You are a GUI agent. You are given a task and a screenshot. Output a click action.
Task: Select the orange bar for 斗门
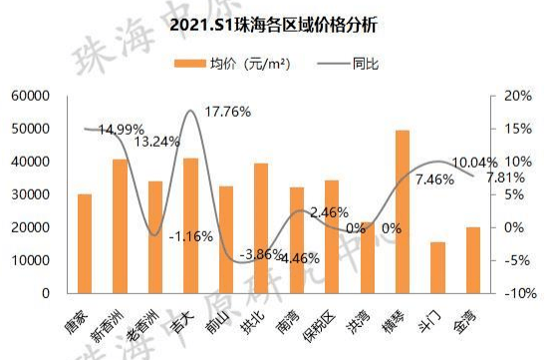[437, 267]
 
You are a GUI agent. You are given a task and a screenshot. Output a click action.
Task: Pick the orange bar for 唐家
[85, 243]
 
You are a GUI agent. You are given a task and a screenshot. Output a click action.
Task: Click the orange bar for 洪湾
[367, 257]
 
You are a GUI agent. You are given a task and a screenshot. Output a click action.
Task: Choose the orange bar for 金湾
[473, 260]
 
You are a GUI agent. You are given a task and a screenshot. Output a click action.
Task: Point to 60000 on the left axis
[31, 96]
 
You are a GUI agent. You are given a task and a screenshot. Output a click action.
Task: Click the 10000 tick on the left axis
[31, 260]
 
